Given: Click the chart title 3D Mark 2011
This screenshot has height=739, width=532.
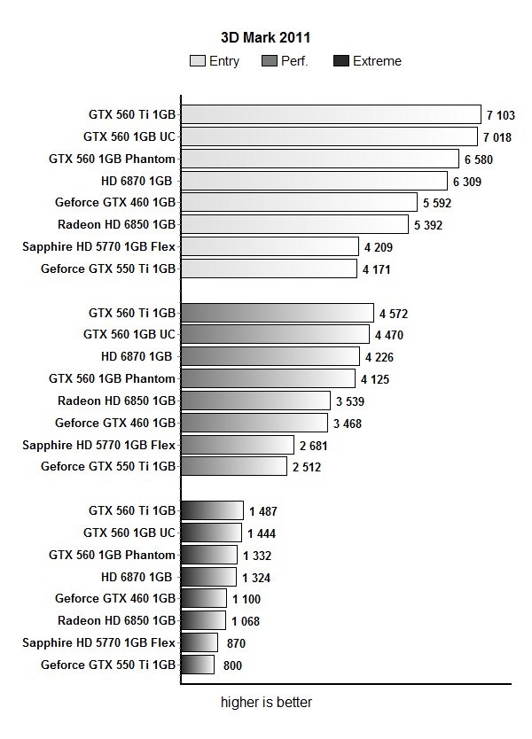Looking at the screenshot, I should [x=265, y=37].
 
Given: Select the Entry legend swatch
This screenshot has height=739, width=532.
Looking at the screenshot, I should [x=197, y=61].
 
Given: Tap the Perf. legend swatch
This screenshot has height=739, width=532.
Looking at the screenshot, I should [x=270, y=61].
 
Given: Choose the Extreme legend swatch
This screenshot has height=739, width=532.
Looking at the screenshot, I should [x=341, y=61].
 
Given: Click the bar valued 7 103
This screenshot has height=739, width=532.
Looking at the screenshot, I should [x=331, y=114].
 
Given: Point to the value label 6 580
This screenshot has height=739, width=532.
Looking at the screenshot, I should [x=478, y=159].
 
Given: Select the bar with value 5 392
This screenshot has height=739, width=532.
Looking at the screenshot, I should [x=294, y=224].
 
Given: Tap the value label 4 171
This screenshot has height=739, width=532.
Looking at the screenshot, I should [x=376, y=269].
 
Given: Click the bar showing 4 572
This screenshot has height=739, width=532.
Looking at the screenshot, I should [x=277, y=313].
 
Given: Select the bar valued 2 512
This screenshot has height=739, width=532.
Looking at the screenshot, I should [x=233, y=466].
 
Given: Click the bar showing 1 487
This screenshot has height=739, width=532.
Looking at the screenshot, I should [x=212, y=510].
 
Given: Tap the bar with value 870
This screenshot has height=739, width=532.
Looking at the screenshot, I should [x=199, y=642].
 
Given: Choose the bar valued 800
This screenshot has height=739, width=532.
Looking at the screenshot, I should [x=198, y=665].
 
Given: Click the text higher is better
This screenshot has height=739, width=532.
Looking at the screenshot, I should [x=266, y=704].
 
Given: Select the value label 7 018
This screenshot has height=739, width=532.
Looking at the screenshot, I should [x=498, y=137].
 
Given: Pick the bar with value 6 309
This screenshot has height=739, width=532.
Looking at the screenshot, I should [x=314, y=181].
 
